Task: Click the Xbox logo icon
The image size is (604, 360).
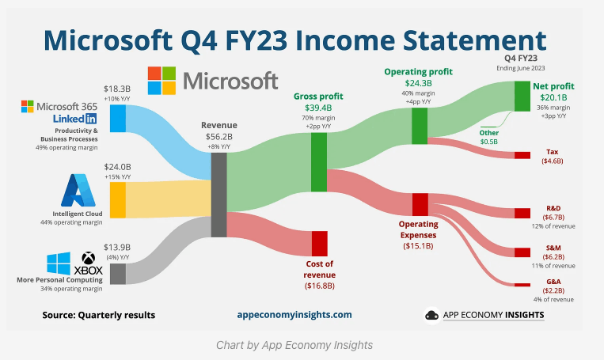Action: click(88, 258)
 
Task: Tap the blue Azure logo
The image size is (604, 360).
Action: click(78, 190)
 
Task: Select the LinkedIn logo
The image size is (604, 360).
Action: click(74, 119)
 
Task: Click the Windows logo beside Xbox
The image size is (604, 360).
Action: click(59, 263)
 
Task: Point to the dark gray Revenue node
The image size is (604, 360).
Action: click(218, 195)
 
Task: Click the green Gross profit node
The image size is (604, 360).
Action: click(319, 162)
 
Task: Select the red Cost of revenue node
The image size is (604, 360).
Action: click(319, 244)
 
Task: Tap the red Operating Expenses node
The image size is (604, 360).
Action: click(420, 204)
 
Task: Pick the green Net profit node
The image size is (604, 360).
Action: click(522, 97)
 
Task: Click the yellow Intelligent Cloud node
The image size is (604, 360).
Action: click(118, 200)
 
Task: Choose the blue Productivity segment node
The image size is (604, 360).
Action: click(118, 118)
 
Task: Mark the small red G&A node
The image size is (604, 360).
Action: click(522, 285)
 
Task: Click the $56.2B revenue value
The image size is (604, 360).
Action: click(218, 137)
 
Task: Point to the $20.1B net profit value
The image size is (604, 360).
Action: click(553, 97)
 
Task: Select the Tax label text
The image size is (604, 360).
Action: click(552, 152)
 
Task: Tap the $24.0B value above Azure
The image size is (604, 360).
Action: click(117, 167)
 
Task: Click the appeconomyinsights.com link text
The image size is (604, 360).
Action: click(294, 315)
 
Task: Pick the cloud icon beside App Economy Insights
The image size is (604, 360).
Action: click(431, 316)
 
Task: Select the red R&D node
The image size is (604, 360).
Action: click(522, 213)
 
